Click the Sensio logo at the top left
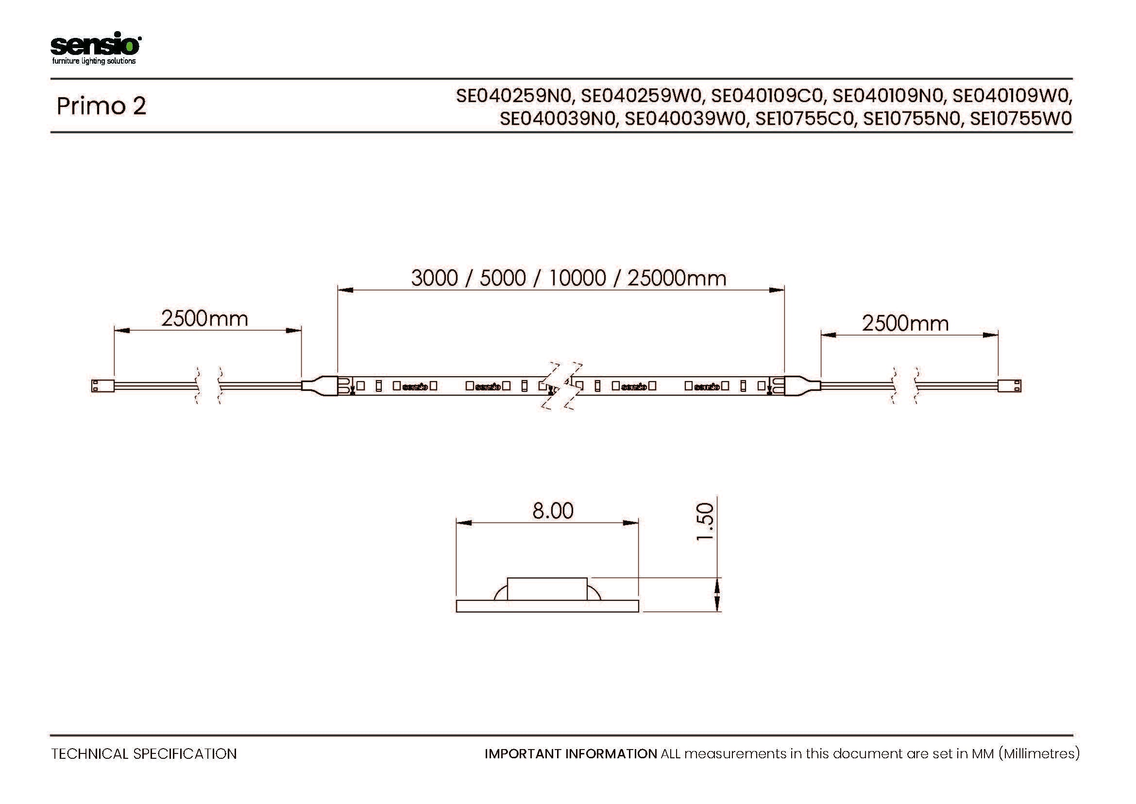96,48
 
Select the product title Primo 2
102,106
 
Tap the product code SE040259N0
513,96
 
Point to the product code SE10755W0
1021,119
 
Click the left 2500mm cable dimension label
205,318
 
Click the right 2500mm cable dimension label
905,323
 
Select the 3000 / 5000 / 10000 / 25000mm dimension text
569,278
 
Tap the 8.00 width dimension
553,510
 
